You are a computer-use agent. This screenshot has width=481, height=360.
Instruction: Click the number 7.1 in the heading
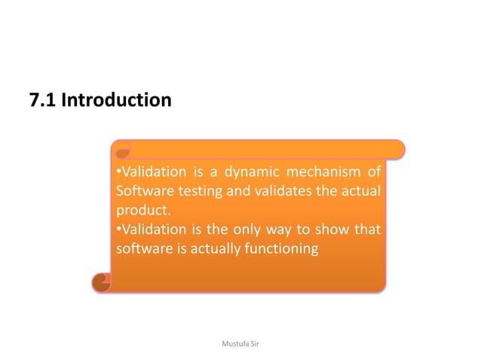[42, 99]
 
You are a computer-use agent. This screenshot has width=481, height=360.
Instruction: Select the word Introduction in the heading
[116, 99]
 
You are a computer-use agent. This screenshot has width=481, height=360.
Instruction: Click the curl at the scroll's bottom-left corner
[100, 282]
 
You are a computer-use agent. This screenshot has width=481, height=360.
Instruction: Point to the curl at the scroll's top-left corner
[121, 148]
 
